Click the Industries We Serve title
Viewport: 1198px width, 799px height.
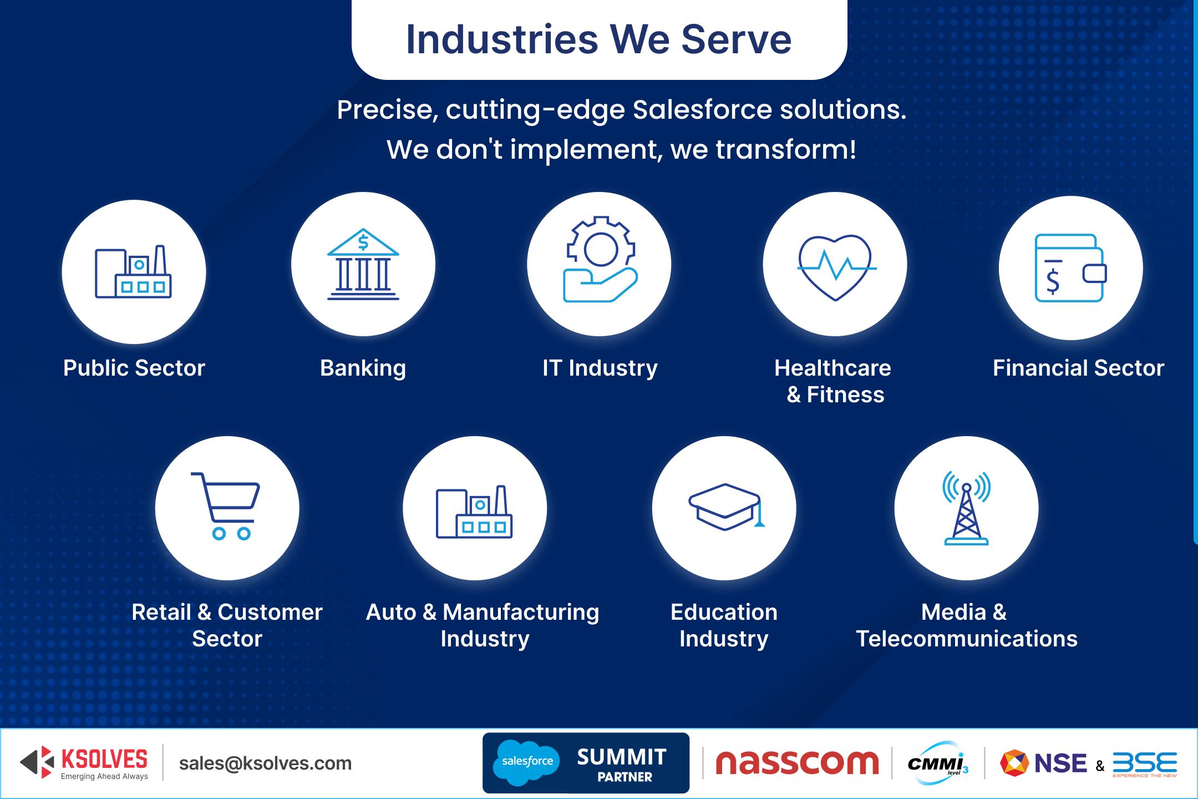click(x=599, y=39)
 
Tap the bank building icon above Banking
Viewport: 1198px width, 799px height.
click(x=363, y=264)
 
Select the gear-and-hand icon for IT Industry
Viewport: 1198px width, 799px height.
click(x=600, y=259)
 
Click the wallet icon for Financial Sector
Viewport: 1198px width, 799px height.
click(x=1070, y=268)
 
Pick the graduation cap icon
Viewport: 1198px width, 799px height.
click(x=725, y=507)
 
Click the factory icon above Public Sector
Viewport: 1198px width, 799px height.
click(x=133, y=271)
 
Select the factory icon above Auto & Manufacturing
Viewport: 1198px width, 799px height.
click(x=474, y=512)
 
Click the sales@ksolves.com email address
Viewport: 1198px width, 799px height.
click(x=265, y=763)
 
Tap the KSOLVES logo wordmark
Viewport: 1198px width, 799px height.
click(x=104, y=759)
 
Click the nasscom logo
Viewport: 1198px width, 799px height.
click(x=797, y=763)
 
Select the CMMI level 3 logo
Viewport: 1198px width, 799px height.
click(x=937, y=763)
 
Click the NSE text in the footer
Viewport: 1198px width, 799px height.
click(x=1060, y=763)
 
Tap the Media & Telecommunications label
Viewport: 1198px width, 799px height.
click(x=966, y=625)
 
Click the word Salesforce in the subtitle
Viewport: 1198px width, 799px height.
click(x=702, y=109)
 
